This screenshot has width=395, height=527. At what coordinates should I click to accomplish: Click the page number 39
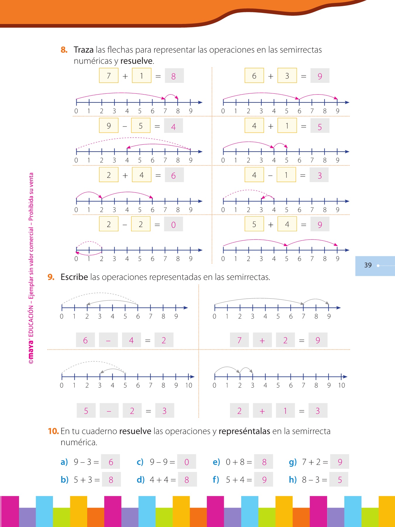tap(368, 265)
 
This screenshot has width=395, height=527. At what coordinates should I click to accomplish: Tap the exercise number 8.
tap(64, 50)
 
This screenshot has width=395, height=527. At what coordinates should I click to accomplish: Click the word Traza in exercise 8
tap(84, 50)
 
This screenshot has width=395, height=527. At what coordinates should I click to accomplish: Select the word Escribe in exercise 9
tap(74, 277)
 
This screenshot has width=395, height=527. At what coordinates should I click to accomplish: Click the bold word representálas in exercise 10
tap(244, 431)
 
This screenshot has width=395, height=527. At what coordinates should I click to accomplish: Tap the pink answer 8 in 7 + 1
tap(174, 76)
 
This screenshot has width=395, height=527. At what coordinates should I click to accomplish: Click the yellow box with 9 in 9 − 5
tap(109, 126)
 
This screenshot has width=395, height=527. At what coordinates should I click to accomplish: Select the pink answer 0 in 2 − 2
tap(174, 225)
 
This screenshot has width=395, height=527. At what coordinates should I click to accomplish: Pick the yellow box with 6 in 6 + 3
tap(254, 76)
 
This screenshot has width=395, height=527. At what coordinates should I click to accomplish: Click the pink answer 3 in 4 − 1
tap(320, 175)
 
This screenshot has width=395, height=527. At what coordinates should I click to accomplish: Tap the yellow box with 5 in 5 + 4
tap(254, 224)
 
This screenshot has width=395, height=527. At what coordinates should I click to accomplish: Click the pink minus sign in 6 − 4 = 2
tap(109, 341)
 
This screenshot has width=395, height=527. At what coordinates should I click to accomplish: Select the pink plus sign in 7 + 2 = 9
tap(262, 341)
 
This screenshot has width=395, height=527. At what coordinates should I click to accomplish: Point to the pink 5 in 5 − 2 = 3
tap(86, 411)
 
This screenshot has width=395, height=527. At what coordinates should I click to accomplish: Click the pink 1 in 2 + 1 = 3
tap(285, 411)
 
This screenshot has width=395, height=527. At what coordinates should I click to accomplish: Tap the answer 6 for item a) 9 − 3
tap(111, 462)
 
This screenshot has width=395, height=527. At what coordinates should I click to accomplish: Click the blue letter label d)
tap(141, 480)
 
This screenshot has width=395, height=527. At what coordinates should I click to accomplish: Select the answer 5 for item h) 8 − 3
tap(339, 480)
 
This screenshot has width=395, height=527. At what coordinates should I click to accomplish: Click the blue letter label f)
tap(216, 480)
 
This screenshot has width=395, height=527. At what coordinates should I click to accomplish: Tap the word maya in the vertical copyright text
tap(31, 351)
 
